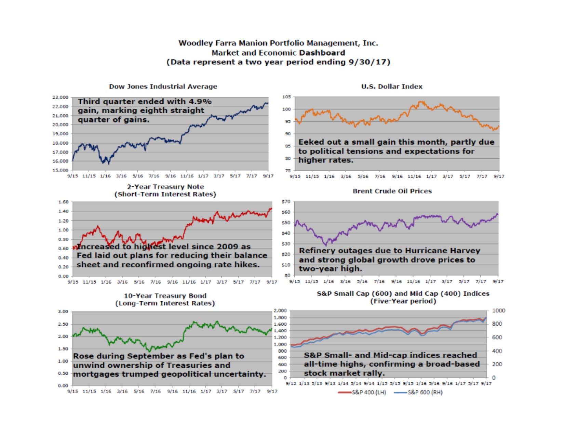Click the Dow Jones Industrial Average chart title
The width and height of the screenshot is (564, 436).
click(x=163, y=87)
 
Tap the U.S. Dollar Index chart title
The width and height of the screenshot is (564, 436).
click(x=392, y=87)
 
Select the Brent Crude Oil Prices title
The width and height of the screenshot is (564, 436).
click(x=392, y=191)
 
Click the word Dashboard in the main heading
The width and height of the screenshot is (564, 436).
click(x=322, y=53)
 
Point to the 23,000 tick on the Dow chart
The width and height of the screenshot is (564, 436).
click(x=60, y=97)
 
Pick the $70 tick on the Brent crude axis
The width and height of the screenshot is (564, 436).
click(x=286, y=202)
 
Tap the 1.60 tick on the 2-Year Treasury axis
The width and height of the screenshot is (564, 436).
click(x=64, y=202)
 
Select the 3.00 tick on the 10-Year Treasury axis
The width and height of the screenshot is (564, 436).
click(x=63, y=312)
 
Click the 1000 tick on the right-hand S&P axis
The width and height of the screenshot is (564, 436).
click(x=498, y=311)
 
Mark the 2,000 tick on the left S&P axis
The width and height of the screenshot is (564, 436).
click(x=280, y=311)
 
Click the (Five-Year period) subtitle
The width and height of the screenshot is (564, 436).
click(x=403, y=301)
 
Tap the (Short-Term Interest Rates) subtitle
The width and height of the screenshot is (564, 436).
click(x=165, y=194)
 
